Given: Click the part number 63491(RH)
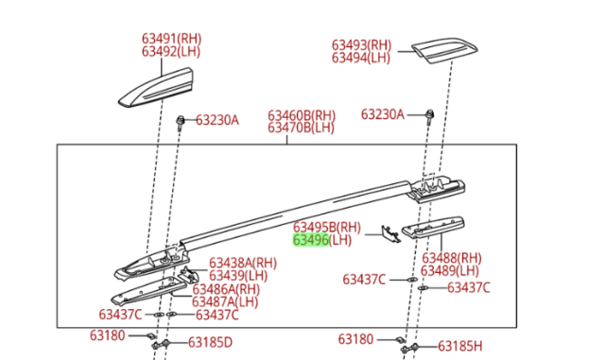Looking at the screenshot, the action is tap(171, 39).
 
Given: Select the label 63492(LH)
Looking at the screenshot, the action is tap(171, 51).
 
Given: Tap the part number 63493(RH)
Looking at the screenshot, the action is tap(361, 44).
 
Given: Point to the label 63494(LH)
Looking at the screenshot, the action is tap(361, 58).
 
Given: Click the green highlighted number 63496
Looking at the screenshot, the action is tap(311, 240).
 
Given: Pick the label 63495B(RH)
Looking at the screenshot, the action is tap(327, 227).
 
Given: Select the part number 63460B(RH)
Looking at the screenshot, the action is tap(302, 115).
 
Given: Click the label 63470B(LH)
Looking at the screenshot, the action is tap(301, 128).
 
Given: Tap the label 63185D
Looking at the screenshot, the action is tap(210, 342).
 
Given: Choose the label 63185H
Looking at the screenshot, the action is tap(460, 346).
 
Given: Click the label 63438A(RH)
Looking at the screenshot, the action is tap(243, 264).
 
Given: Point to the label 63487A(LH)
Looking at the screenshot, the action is tap(225, 301).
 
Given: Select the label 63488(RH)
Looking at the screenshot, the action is tap(452, 258).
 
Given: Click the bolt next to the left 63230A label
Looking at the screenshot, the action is tap(180, 123).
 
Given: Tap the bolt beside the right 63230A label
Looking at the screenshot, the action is tap(429, 117).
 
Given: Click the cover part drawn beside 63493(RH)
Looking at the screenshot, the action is tap(444, 50).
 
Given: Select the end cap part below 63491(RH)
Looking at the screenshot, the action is tap(156, 87).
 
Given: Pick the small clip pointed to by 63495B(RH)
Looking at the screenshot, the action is tap(390, 234).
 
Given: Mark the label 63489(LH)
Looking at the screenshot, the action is tap(450, 270).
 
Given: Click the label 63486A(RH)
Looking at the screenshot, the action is tap(226, 289).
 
